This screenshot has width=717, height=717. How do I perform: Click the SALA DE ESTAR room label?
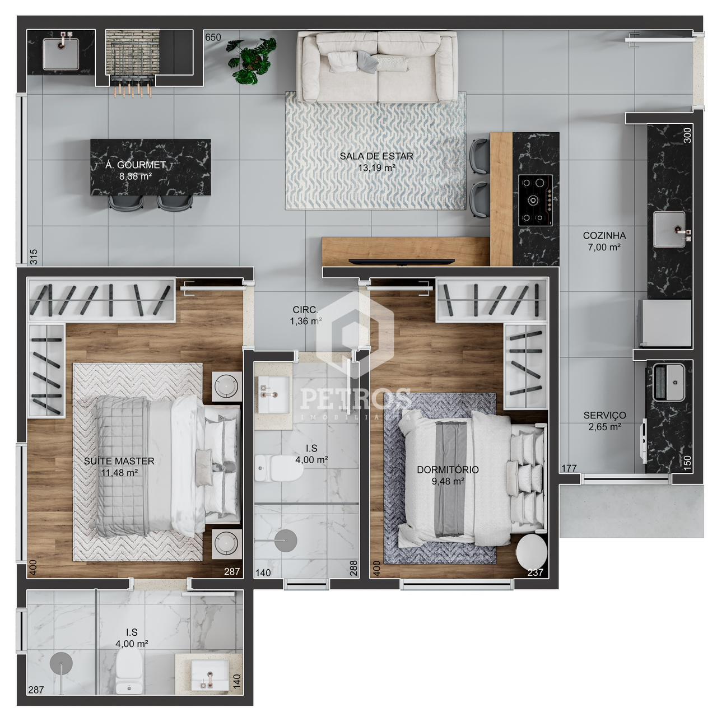[376, 156]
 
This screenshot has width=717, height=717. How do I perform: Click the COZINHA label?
[604, 235]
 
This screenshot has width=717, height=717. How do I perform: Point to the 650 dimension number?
[213, 37]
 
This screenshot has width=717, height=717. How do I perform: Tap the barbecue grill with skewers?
[132, 63]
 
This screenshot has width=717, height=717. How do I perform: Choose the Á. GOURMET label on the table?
[136, 165]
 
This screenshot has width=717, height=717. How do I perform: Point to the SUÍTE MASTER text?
[119, 461]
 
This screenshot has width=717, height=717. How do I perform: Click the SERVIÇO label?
[604, 415]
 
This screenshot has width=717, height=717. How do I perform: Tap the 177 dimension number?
[569, 468]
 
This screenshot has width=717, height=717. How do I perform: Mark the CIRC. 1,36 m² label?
[305, 315]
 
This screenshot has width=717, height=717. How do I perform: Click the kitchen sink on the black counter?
[669, 229]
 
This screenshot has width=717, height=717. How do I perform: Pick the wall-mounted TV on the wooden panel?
[402, 262]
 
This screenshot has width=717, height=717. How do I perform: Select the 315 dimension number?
[34, 257]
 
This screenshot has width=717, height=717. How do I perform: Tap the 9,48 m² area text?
[448, 482]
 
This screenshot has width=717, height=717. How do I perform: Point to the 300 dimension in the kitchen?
[688, 135]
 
